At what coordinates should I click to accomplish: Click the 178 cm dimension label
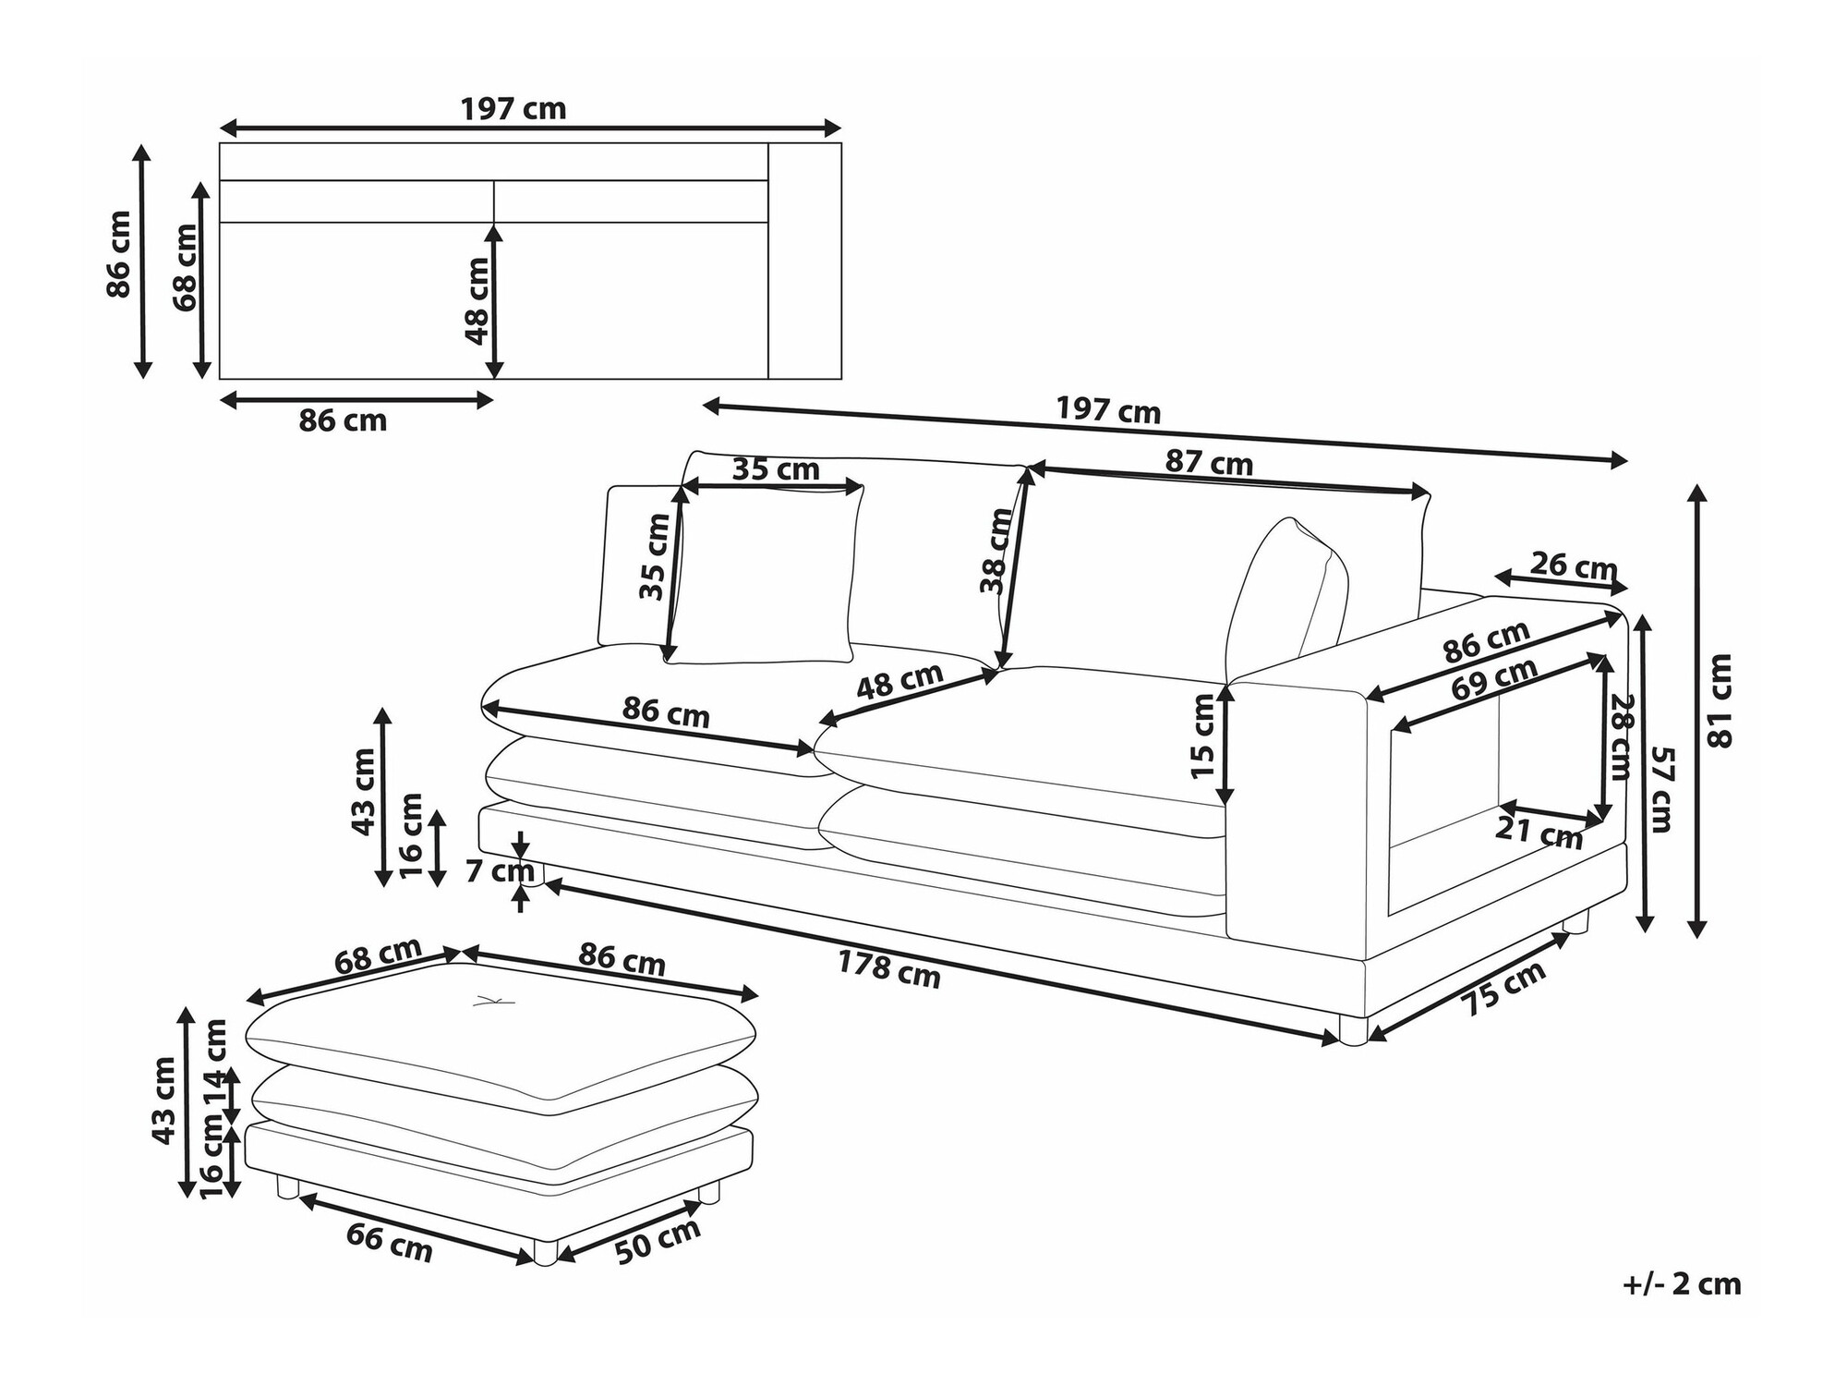pos(888,969)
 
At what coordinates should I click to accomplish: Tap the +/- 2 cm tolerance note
pos(1681,1283)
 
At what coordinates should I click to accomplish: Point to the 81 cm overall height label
pos(1720,700)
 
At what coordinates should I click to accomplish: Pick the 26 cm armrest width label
pos(1574,565)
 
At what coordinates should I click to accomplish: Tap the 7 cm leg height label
pos(499,870)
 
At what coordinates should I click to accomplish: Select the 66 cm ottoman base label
pos(389,1243)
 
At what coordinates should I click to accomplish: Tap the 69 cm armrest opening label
pos(1493,680)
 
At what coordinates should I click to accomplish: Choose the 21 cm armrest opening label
pos(1539,833)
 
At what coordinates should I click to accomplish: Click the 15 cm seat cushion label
pos(1202,736)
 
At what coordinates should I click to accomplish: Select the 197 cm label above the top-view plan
pos(513,109)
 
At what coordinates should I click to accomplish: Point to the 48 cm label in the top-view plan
pos(477,300)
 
